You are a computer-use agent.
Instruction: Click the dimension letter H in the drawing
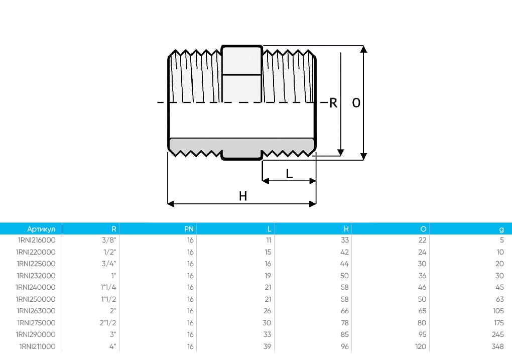(243, 196)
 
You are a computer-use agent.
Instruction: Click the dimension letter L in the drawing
(289, 174)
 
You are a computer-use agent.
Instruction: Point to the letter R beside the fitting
(333, 103)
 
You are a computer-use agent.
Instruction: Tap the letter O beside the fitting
(356, 103)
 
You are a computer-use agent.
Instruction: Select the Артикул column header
(44, 228)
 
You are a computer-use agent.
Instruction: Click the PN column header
(189, 228)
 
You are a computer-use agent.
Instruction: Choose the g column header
(501, 229)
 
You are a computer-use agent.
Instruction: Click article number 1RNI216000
(36, 240)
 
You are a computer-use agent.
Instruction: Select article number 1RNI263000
(36, 311)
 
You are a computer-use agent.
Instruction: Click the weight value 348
(498, 346)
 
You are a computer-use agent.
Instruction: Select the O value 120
(421, 346)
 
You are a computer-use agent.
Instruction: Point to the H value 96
(345, 346)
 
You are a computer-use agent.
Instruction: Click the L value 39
(268, 346)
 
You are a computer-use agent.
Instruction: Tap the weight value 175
(498, 323)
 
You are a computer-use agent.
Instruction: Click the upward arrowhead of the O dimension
(364, 49)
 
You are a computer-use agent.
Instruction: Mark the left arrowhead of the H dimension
(170, 204)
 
